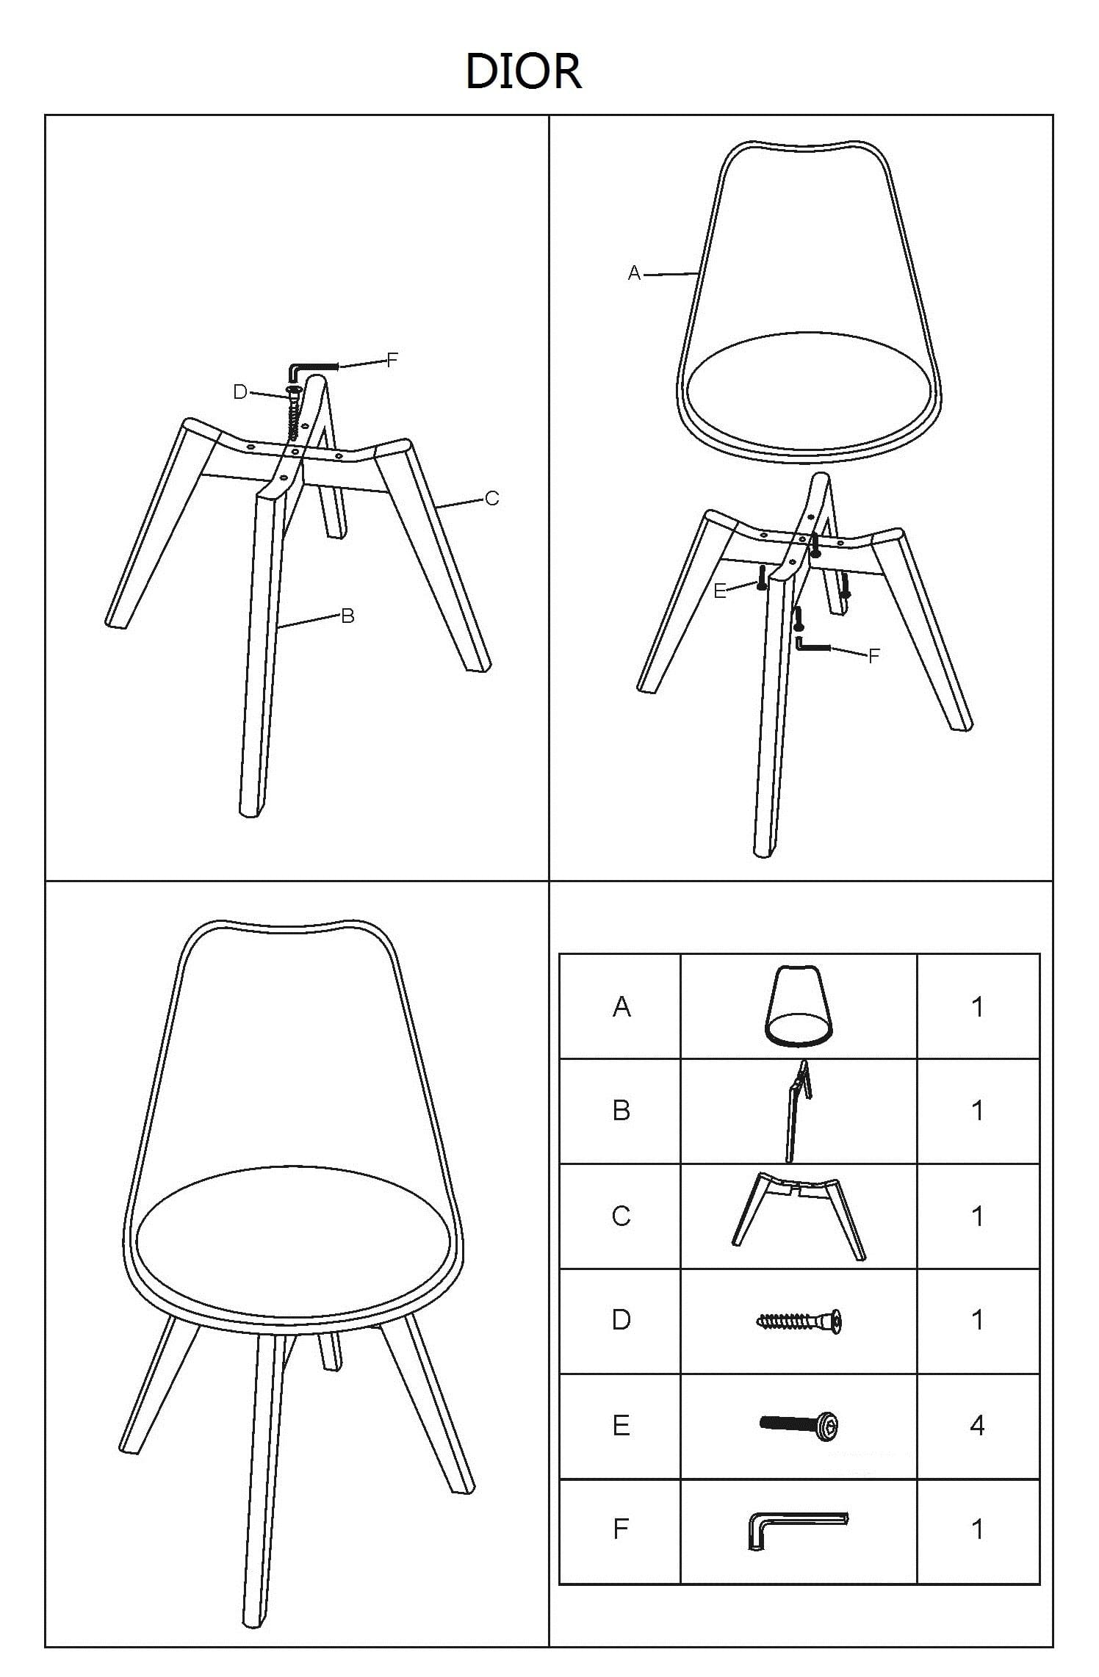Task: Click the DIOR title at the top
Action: coord(524,72)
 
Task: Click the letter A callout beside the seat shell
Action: coord(635,274)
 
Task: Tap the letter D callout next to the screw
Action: coord(240,392)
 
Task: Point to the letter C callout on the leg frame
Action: coord(492,499)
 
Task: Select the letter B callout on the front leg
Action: coord(348,616)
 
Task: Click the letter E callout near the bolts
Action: coord(720,591)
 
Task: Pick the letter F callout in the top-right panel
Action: coord(873,656)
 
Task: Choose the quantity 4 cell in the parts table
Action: coord(977,1425)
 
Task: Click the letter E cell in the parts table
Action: coord(621,1425)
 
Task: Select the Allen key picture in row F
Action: coord(797,1529)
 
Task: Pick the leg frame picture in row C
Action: coord(799,1216)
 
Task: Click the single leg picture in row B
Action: coord(798,1111)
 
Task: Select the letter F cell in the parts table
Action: coord(621,1529)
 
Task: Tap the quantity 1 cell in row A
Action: coord(977,1006)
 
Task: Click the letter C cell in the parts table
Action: coord(621,1216)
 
